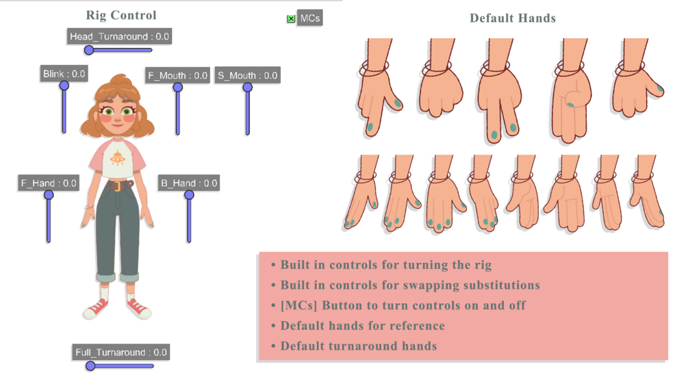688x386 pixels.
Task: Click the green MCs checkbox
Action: coord(291,19)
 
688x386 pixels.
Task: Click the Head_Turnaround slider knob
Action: coord(89,50)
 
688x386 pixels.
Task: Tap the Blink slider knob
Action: coord(64,86)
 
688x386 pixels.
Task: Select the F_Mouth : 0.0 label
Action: coord(177,75)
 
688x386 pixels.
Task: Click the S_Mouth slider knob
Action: coord(248,87)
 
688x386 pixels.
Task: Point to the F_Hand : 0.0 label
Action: coord(48,183)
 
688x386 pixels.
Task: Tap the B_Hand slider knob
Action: coord(189,195)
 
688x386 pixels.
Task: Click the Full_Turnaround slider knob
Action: coord(90,366)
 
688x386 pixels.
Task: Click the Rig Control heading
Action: coord(121,15)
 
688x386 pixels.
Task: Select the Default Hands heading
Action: coord(512,18)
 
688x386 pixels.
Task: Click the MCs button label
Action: coord(310,18)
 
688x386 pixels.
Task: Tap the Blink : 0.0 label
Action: coord(64,74)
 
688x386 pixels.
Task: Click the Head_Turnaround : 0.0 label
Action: coord(119,36)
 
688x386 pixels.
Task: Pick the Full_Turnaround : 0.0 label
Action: coord(121,352)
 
